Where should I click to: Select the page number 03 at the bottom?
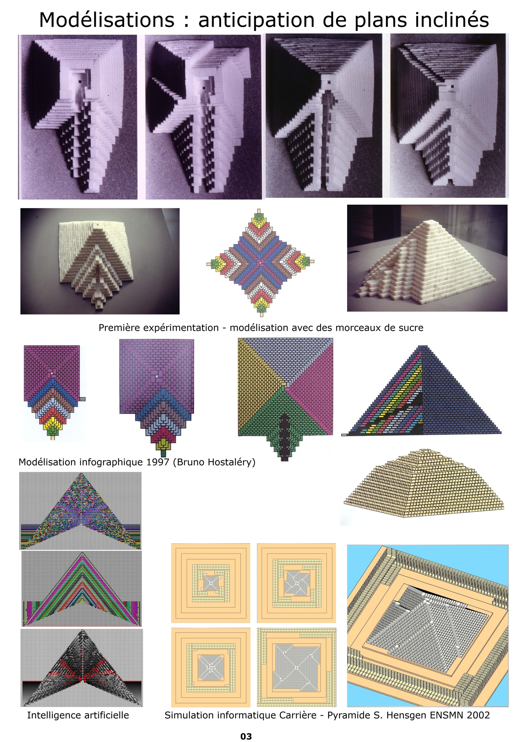pyautogui.click(x=246, y=736)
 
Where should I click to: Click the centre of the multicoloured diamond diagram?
pyautogui.click(x=261, y=262)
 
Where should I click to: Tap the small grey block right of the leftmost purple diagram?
pyautogui.click(x=82, y=399)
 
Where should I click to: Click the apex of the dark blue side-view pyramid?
pyautogui.click(x=423, y=346)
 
